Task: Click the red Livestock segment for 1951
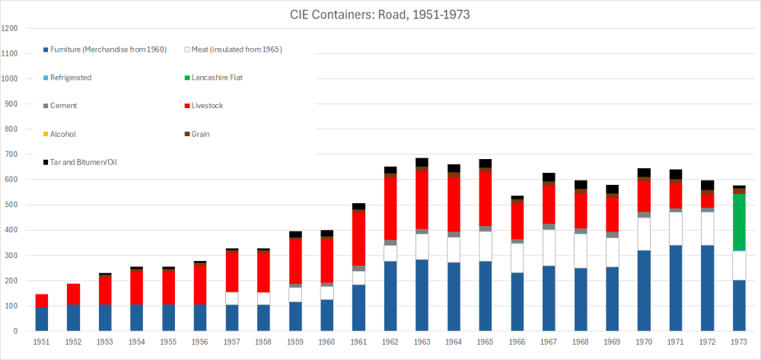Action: click(41, 300)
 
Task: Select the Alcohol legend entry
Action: click(63, 134)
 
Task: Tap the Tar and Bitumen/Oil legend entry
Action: click(84, 162)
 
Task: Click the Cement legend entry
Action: click(63, 106)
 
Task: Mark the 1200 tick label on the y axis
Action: click(10, 28)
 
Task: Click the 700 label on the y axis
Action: click(11, 155)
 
